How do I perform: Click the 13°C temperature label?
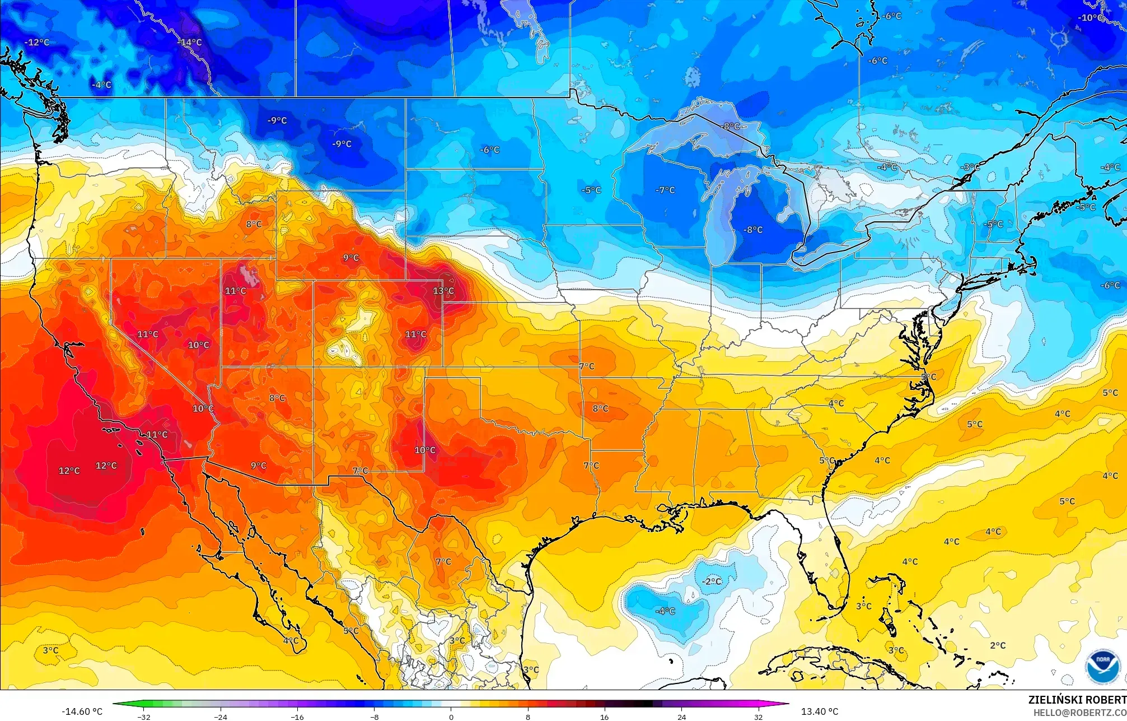click(443, 291)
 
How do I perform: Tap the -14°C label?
click(190, 42)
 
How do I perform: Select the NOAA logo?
click(1103, 667)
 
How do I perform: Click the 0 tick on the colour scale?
click(451, 717)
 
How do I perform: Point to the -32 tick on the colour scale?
click(144, 717)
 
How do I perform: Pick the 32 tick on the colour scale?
click(758, 717)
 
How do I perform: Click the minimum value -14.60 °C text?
click(82, 711)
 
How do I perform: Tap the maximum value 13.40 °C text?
click(820, 711)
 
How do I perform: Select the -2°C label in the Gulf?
click(712, 582)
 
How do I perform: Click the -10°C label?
click(1091, 17)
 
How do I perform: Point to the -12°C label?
click(37, 42)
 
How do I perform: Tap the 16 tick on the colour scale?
click(605, 717)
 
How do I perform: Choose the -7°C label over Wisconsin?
click(665, 190)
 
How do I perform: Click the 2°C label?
click(998, 645)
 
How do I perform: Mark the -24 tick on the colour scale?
click(221, 717)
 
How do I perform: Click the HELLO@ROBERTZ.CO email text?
click(1079, 713)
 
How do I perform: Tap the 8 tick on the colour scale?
click(528, 717)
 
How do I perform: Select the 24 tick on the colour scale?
click(681, 717)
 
